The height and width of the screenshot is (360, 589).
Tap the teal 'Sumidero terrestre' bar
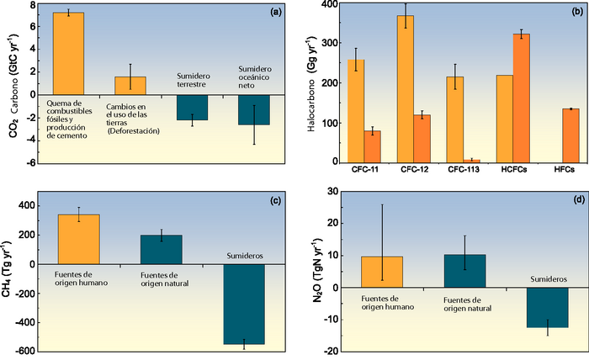(192, 107)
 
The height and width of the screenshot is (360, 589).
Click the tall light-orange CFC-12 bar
(406, 88)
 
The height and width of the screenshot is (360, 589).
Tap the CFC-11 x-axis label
(363, 171)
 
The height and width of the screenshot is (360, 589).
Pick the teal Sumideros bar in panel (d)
(548, 307)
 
